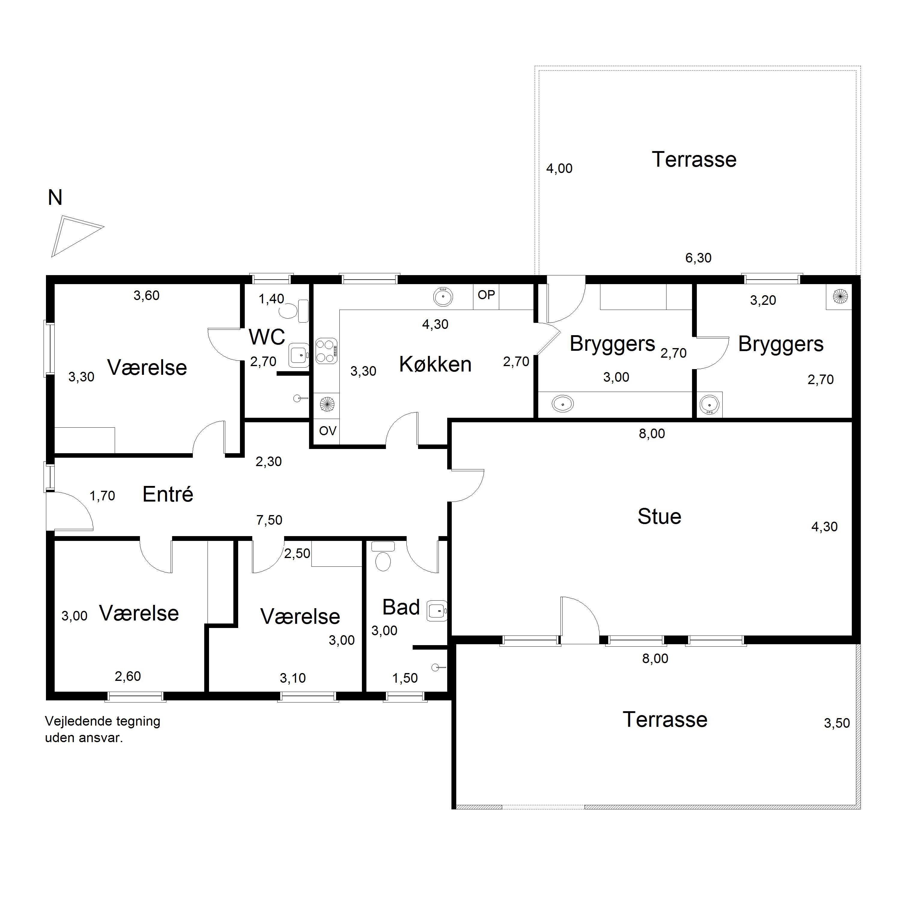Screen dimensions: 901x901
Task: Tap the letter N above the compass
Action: point(55,198)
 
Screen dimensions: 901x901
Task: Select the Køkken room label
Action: point(435,364)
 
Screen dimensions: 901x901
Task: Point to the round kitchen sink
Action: point(443,297)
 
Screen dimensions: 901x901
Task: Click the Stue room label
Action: point(659,517)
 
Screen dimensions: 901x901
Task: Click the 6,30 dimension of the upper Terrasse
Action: point(698,258)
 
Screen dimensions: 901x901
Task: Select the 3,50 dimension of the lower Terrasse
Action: point(837,723)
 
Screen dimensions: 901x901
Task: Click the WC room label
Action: point(267,337)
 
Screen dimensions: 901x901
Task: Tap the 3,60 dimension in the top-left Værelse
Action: point(147,296)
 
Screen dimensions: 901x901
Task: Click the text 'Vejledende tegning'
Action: point(103,721)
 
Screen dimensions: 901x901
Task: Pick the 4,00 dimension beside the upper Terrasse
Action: point(559,168)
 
